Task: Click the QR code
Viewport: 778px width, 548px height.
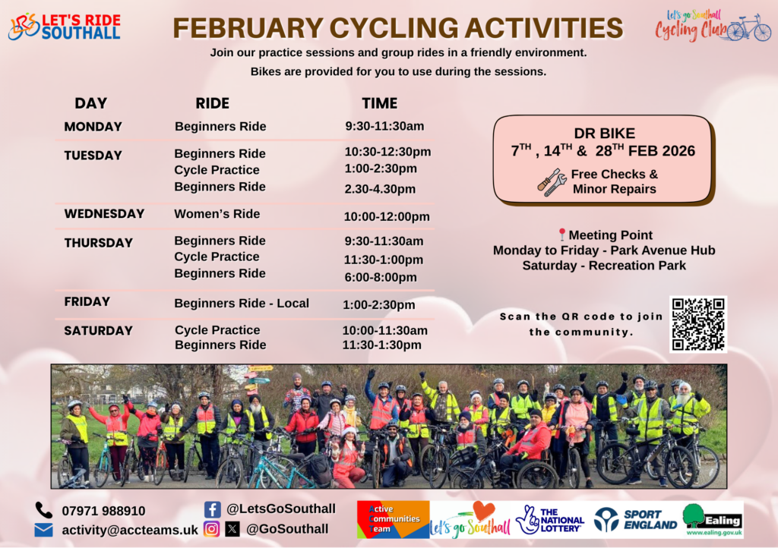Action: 698,325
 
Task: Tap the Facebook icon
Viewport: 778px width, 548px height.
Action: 213,509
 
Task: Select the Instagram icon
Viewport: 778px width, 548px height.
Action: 211,529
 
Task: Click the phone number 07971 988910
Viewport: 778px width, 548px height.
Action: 103,511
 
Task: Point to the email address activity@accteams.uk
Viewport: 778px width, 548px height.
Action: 130,530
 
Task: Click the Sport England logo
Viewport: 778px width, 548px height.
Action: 636,520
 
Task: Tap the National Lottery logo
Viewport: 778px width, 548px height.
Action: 550,520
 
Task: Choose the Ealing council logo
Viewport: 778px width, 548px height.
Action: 713,520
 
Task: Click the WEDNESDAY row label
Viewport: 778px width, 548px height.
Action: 104,214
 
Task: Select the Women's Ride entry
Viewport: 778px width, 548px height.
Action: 217,214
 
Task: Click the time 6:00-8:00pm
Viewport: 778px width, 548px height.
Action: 381,278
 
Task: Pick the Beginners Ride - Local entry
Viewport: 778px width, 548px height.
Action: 242,304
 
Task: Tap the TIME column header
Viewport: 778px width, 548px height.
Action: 380,103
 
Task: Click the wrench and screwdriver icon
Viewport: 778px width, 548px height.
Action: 552,182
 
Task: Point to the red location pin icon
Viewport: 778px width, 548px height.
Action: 561,235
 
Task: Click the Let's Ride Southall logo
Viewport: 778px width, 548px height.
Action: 65,27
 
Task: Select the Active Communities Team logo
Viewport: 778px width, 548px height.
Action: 393,519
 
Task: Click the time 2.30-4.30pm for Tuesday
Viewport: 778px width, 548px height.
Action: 380,189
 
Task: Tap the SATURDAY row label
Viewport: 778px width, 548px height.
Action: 98,331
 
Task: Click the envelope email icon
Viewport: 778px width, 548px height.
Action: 43,530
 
